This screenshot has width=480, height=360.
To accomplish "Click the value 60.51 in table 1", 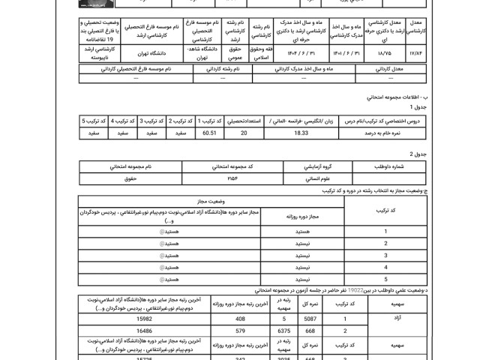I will coord(209,133).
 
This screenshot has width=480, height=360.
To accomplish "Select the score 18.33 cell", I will coord(301,133).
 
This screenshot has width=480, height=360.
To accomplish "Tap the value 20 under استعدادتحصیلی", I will coord(243,133).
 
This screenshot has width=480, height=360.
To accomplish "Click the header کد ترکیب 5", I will coord(94,120).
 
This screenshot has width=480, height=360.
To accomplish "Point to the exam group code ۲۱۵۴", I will coord(231,178).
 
